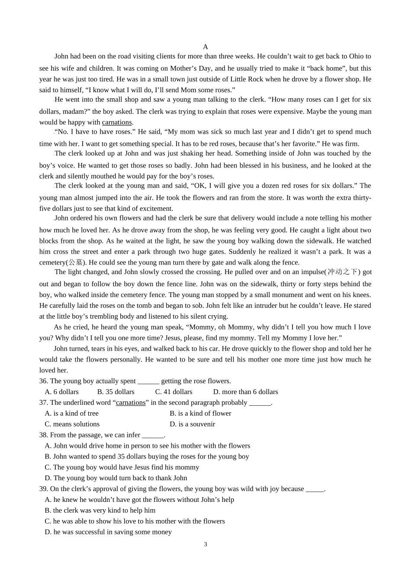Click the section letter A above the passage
point(205,47)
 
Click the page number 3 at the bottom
point(205,544)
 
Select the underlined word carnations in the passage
point(117,123)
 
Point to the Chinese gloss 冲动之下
point(343,272)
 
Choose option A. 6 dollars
point(62,392)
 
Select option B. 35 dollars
point(116,392)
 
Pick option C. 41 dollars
point(173,392)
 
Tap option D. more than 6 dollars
point(245,392)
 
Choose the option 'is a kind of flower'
point(200,414)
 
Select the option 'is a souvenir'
point(192,424)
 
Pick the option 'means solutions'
point(72,424)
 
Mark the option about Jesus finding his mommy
point(122,467)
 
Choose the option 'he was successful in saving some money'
point(108,532)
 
